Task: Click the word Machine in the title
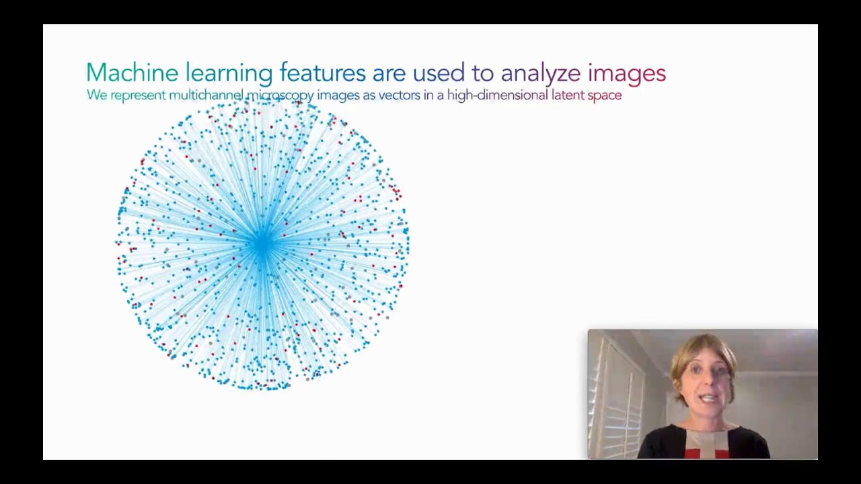132,73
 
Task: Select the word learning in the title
229,73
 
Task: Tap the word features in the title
322,73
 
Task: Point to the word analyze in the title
540,73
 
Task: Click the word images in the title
626,73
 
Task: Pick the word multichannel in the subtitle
205,95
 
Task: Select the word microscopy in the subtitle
280,95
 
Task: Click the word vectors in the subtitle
400,95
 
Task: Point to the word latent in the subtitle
567,95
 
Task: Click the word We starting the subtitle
97,95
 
